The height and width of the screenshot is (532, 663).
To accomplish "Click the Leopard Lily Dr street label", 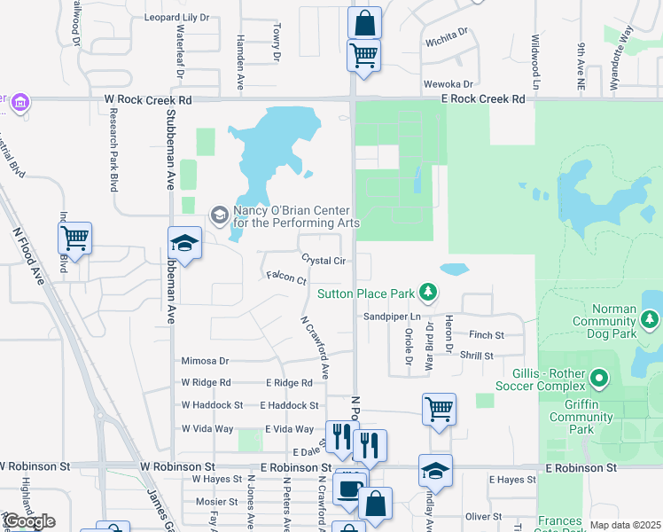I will point(177,17).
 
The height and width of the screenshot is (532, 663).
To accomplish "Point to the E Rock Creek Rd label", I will point(483,99).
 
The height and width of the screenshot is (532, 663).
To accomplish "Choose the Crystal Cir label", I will point(323,261).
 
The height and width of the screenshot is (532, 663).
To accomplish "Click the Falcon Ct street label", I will point(285,277).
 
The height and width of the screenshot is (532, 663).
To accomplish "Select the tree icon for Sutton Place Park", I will point(428,292).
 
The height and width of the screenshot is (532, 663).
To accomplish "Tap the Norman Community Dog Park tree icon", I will point(651,317).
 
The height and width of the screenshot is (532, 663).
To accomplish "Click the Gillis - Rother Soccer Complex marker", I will point(598,379).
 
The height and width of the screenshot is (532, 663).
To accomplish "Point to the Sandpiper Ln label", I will point(390,317).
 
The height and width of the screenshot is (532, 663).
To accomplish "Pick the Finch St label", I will point(487,335).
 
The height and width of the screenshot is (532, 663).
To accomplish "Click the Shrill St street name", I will point(476,356).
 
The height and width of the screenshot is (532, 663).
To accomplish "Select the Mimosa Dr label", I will point(205,361).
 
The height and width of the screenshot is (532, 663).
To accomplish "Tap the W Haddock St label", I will point(212,404).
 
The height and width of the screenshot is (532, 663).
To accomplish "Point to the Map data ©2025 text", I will point(624,525).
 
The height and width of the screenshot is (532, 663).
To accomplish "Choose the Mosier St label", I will point(212,502).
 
